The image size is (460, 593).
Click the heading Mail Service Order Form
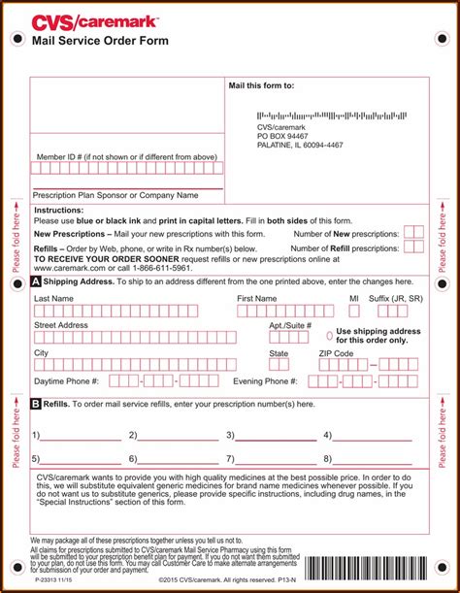[x=100, y=41]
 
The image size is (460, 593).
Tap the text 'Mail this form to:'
[x=261, y=85]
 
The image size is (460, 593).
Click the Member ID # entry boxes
[x=126, y=168]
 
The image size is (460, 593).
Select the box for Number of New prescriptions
[x=413, y=233]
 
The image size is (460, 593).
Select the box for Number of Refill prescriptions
[x=413, y=247]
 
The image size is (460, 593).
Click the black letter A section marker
[x=36, y=281]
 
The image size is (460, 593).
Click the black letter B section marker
[x=36, y=404]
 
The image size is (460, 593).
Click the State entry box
[x=279, y=365]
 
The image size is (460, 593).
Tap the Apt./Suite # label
[x=290, y=325]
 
